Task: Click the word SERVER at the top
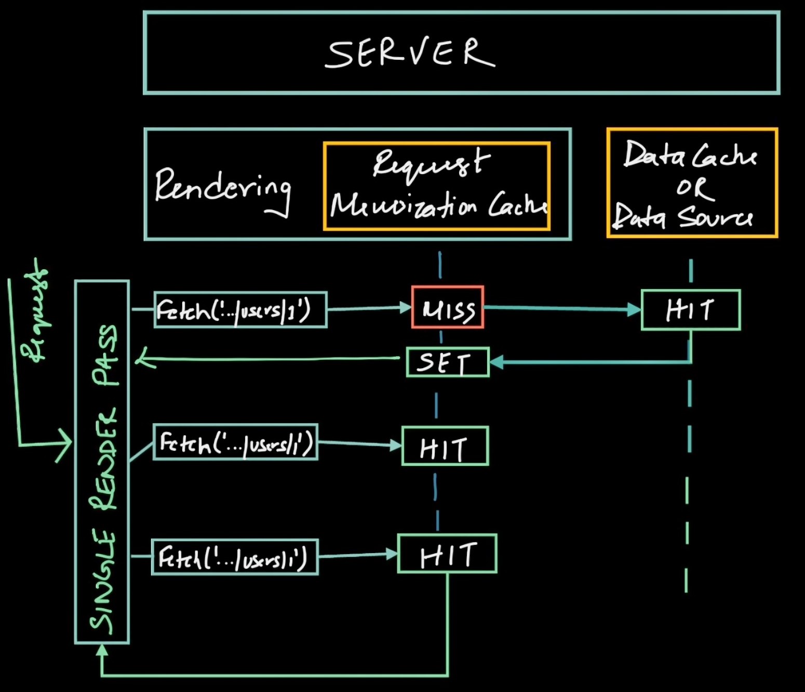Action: pyautogui.click(x=410, y=53)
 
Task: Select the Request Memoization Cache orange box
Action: pyautogui.click(x=437, y=186)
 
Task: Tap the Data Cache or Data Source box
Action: pyautogui.click(x=692, y=183)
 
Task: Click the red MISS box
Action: pyautogui.click(x=448, y=307)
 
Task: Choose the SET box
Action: pyautogui.click(x=447, y=362)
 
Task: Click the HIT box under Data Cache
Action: pyautogui.click(x=691, y=310)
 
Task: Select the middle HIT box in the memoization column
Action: pyautogui.click(x=445, y=446)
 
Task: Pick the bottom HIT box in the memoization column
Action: pyautogui.click(x=447, y=554)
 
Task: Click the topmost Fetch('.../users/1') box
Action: pyautogui.click(x=240, y=310)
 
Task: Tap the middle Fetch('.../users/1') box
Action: pyautogui.click(x=235, y=442)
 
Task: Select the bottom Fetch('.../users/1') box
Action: pyautogui.click(x=235, y=557)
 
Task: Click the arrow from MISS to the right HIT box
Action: pyautogui.click(x=561, y=309)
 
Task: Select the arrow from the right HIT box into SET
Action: pyautogui.click(x=587, y=362)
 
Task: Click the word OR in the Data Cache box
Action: pyautogui.click(x=693, y=188)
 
